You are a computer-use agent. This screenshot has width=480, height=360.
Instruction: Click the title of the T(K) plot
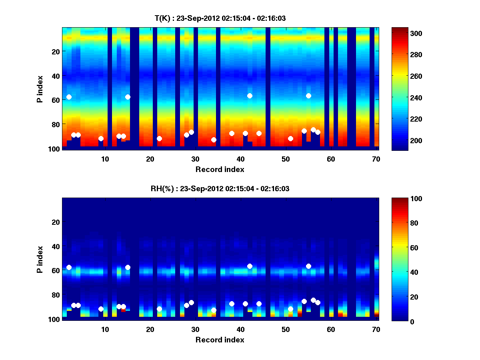[220, 18]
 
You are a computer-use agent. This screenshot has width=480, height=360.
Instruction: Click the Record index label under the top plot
[220, 169]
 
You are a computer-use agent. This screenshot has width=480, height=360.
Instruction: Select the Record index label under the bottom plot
[220, 340]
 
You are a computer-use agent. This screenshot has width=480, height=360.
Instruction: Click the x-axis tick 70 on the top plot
[376, 159]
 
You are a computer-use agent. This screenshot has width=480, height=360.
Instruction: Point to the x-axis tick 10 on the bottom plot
[105, 329]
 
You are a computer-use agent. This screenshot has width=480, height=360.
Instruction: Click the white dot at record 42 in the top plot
[250, 96]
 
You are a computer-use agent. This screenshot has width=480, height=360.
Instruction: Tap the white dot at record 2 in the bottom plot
[69, 267]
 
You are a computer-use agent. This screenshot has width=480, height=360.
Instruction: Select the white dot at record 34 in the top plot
[214, 140]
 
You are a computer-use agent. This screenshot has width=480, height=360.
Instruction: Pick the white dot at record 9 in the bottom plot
[101, 309]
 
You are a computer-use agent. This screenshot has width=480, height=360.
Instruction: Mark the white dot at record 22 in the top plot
[159, 138]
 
